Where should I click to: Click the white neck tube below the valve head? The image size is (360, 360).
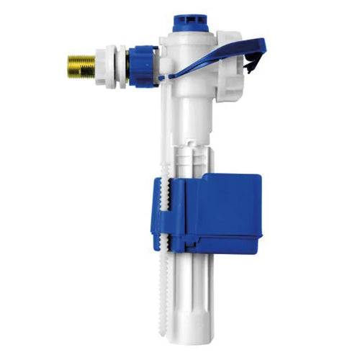189,112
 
